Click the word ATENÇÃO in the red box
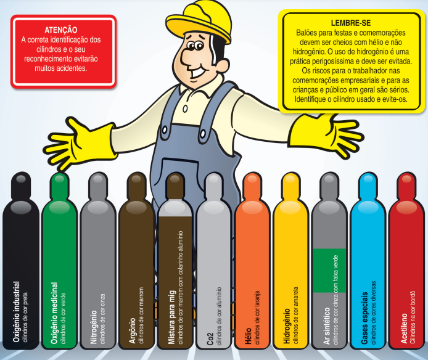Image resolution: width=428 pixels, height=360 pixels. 61,30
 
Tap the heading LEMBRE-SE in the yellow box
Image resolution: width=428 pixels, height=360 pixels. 351,23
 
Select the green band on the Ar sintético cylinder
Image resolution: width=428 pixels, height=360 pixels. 329,271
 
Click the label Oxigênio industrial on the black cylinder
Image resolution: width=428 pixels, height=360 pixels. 17,312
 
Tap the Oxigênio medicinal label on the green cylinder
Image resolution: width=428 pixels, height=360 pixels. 55,313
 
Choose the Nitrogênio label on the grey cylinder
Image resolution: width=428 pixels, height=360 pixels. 94,327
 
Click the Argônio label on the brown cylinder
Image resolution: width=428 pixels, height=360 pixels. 133,330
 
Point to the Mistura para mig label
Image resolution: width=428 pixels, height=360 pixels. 171,317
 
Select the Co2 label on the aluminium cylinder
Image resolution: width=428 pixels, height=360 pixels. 210,338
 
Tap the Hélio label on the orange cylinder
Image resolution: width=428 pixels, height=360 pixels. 249,336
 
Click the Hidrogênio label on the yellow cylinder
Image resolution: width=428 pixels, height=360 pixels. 287,326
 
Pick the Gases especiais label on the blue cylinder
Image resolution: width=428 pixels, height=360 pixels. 364,318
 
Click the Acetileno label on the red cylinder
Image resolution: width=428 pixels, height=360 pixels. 404,329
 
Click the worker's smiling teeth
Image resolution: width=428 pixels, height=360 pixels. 199,73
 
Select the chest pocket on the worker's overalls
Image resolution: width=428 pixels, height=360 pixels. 179,174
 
